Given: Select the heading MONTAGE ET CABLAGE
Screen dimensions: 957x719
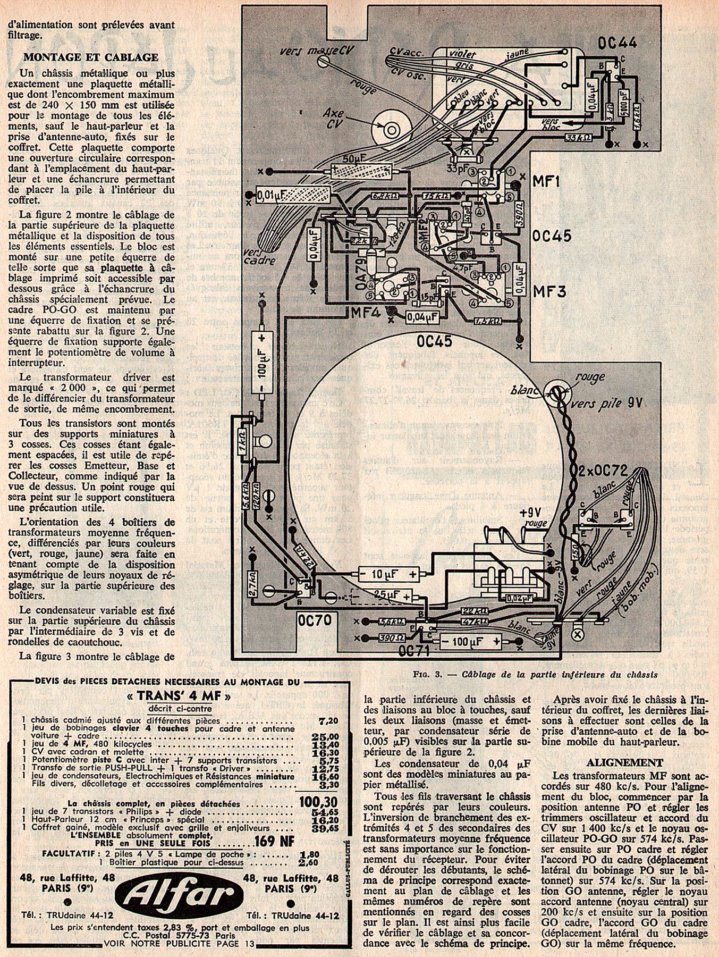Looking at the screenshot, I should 91,57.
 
